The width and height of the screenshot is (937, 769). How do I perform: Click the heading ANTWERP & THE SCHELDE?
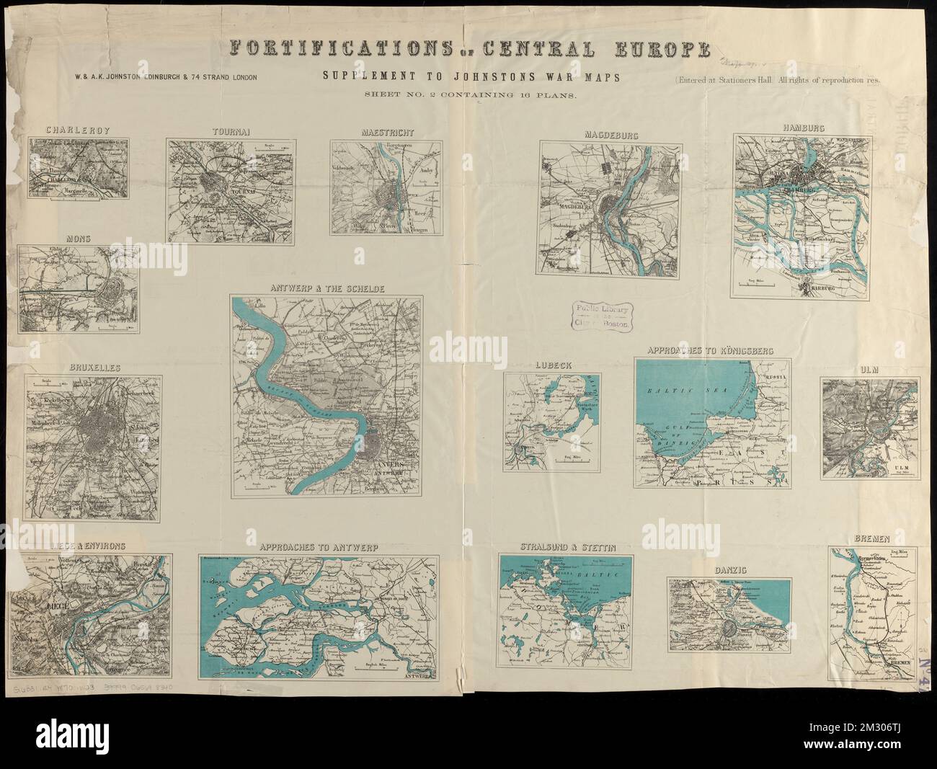[x=327, y=288]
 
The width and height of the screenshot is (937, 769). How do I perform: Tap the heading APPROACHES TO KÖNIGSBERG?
[x=711, y=350]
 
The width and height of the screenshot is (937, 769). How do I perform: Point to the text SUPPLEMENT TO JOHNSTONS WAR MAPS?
[x=467, y=76]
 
